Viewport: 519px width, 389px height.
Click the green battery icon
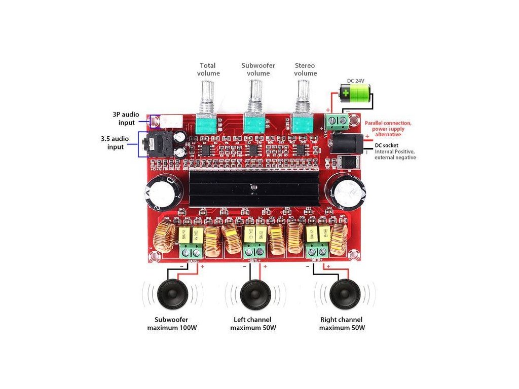tap(354, 93)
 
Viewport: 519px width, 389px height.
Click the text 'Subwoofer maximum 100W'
tap(172, 324)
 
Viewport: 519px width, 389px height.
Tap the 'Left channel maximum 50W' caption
tap(252, 324)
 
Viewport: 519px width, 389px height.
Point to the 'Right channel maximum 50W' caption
tap(342, 324)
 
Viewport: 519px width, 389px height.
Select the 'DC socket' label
tap(386, 145)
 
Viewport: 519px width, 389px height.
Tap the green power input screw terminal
tap(338, 121)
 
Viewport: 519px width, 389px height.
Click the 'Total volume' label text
tap(208, 69)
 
